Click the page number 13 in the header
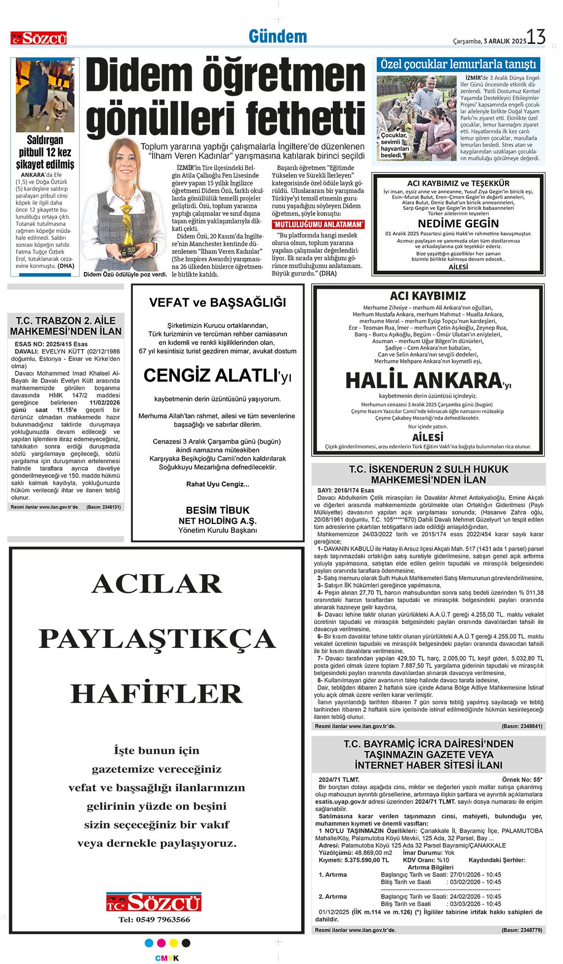(535, 38)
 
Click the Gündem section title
(278, 37)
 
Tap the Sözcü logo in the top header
(39, 38)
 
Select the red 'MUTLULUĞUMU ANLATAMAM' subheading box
(319, 225)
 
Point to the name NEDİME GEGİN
(458, 223)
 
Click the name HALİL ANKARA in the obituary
(423, 380)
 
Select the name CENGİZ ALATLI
(210, 376)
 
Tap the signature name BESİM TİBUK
(217, 510)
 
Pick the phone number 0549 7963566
(154, 919)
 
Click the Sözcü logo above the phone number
(154, 902)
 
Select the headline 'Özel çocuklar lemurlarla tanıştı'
(458, 64)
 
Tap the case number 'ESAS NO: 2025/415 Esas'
(51, 344)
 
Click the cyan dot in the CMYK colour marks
(149, 943)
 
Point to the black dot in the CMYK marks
(186, 943)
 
